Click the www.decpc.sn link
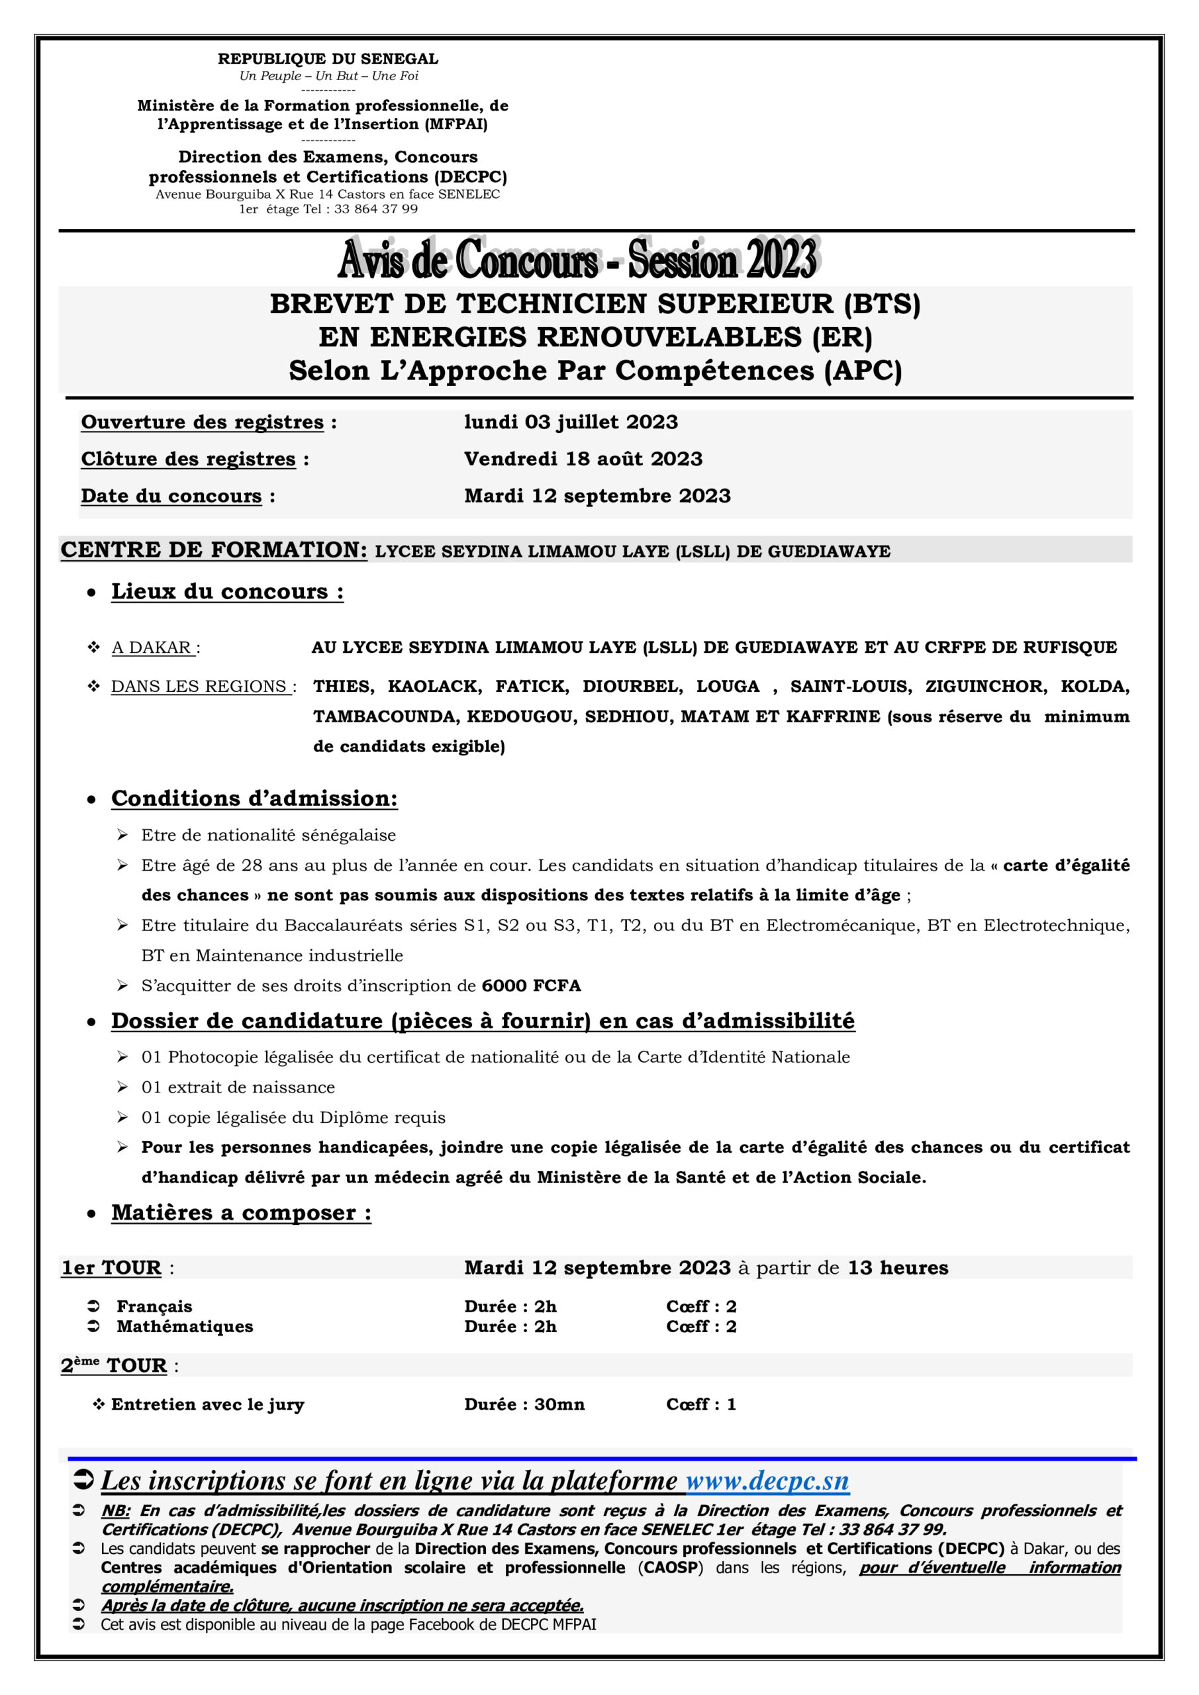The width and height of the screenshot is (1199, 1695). (767, 1481)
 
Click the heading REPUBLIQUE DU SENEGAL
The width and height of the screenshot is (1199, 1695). (328, 59)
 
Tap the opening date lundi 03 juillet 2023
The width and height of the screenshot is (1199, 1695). (571, 422)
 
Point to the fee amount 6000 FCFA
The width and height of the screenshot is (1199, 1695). (531, 986)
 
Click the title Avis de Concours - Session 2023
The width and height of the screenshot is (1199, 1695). (577, 260)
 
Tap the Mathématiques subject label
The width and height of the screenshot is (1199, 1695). (185, 1327)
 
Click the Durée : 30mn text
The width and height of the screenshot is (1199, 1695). (524, 1404)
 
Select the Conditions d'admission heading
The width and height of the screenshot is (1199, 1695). (254, 798)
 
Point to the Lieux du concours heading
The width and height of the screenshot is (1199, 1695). (226, 591)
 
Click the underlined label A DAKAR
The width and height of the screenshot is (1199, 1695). (152, 648)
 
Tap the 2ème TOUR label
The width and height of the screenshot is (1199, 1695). (114, 1366)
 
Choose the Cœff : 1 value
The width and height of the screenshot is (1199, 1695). (700, 1404)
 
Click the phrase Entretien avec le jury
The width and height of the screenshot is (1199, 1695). (207, 1404)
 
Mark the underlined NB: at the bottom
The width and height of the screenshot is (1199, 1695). (115, 1511)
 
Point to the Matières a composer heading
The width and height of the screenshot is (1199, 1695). (241, 1213)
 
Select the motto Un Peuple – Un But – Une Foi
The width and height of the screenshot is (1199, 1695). (328, 76)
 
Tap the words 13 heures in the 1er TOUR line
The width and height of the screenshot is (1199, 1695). (897, 1267)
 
